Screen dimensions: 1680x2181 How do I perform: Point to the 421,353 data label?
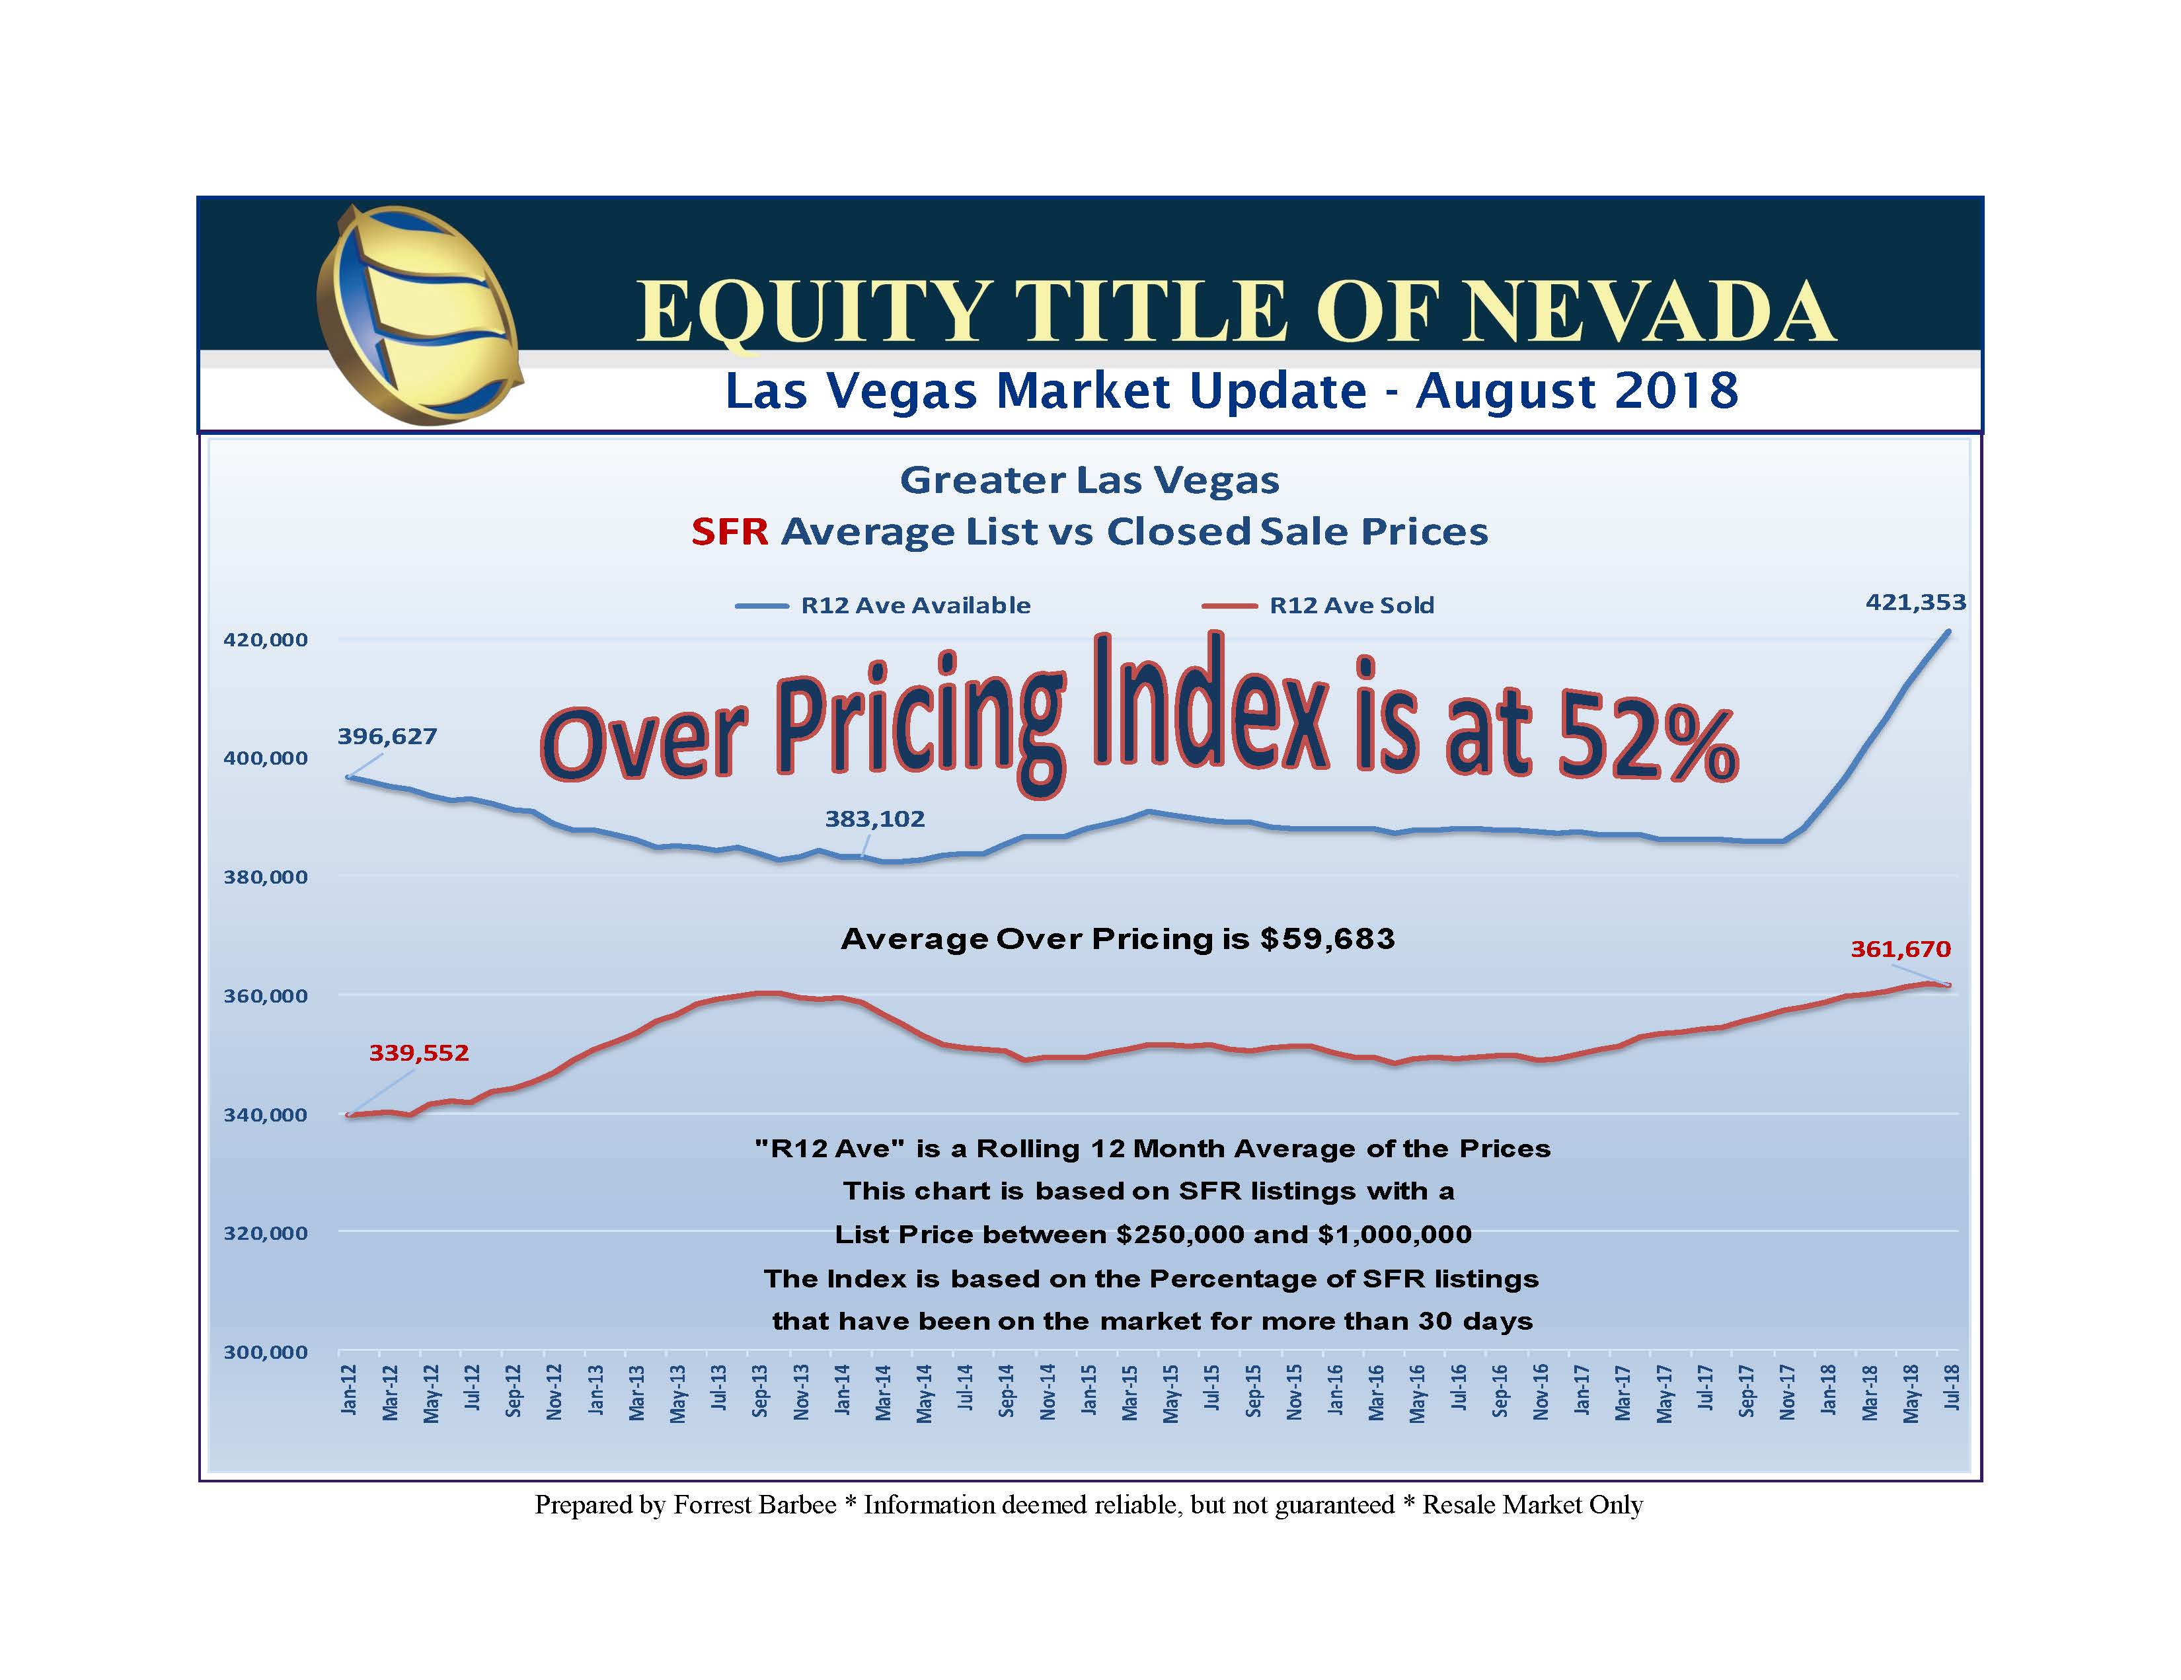click(1915, 602)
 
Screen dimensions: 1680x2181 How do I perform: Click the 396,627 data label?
click(387, 736)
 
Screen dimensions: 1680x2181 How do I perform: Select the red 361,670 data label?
click(1900, 949)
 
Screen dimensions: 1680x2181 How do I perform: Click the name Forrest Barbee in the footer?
click(755, 1506)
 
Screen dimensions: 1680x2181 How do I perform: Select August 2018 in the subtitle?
click(1577, 391)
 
